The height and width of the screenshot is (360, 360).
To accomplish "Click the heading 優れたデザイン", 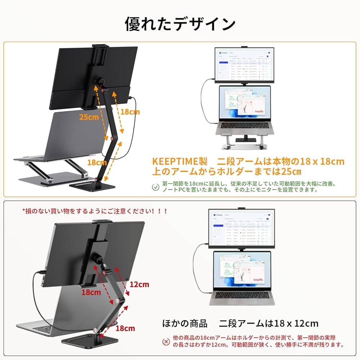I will [180, 24].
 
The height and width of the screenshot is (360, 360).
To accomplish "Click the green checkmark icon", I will [155, 186].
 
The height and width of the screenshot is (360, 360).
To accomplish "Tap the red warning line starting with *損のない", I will [95, 211].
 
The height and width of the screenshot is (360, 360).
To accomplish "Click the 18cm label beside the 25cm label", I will [130, 112].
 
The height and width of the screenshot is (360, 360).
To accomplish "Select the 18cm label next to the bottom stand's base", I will [125, 328].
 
